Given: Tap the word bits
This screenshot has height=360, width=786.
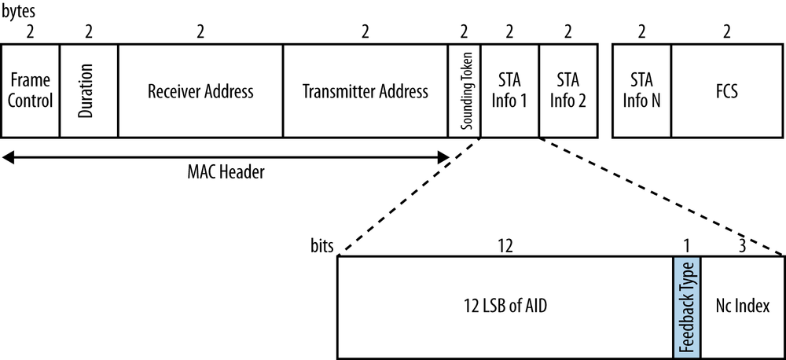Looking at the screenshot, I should pyautogui.click(x=323, y=245).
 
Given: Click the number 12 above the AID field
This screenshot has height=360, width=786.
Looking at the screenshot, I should pyautogui.click(x=505, y=245).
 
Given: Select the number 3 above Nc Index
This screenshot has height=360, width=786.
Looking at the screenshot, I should pyautogui.click(x=742, y=245).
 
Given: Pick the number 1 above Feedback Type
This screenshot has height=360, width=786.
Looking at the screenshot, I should pyautogui.click(x=686, y=245).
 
